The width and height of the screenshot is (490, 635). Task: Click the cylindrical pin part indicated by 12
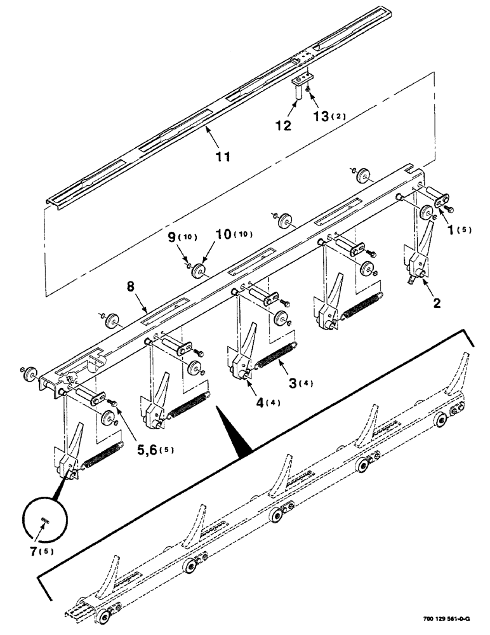(297, 91)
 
